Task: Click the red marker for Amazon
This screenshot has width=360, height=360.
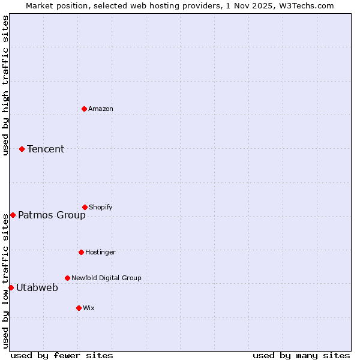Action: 84,109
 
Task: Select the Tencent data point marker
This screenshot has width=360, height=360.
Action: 22,149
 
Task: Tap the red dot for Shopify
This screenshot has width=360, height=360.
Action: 85,207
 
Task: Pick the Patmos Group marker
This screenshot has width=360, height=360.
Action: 13,215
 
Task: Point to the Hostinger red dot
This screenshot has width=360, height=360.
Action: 81,252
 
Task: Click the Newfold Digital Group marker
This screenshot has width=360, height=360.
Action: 67,278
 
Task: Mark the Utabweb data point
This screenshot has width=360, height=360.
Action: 11,287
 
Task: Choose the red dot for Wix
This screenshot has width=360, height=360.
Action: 79,308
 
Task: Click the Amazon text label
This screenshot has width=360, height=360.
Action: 101,109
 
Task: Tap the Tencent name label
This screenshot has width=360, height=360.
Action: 46,149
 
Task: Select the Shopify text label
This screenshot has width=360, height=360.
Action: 101,207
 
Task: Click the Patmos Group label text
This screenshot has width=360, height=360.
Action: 52,215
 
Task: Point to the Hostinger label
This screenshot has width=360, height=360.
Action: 100,252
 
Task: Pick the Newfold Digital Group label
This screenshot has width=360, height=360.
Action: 106,278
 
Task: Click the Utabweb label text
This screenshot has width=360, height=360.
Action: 37,287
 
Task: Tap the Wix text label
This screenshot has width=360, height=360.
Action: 89,308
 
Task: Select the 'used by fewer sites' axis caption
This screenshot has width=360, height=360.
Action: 62,355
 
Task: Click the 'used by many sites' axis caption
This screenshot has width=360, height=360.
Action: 301,355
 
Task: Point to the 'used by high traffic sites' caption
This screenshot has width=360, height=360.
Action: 5,85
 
